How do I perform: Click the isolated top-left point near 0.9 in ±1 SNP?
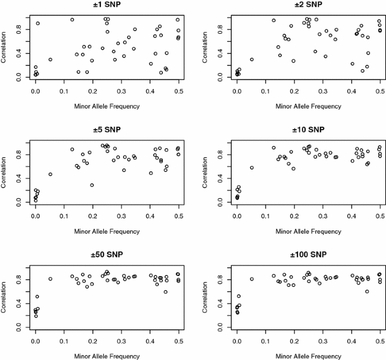tap(38, 23)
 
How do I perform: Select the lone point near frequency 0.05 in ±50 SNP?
tap(50, 279)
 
